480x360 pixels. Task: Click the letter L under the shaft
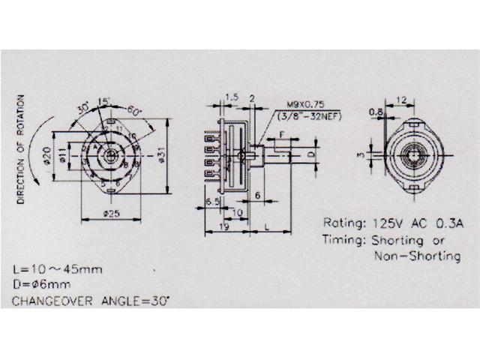pyautogui.click(x=267, y=225)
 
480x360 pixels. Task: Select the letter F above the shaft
pyautogui.click(x=282, y=135)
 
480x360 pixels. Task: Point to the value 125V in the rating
pyautogui.click(x=382, y=223)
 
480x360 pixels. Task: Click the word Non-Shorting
pyautogui.click(x=417, y=256)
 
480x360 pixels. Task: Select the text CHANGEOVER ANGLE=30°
pyautogui.click(x=91, y=301)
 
